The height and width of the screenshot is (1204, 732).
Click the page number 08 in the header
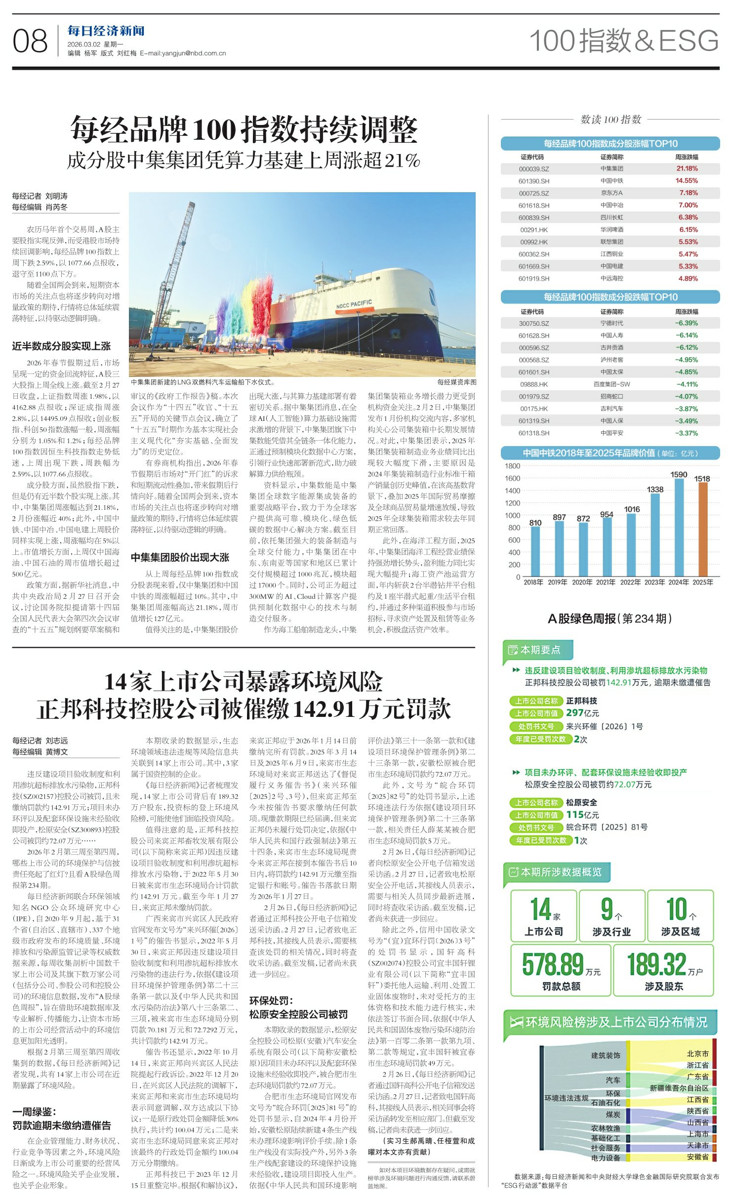coord(30,41)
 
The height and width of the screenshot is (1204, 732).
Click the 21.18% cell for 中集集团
coord(687,168)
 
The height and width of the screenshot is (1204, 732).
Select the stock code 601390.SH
coord(533,181)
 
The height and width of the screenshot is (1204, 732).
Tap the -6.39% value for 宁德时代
coord(686,323)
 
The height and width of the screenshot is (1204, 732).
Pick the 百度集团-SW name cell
coord(611,384)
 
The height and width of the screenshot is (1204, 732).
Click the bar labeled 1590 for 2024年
coord(679,527)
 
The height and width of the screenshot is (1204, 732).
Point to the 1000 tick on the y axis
coord(512,515)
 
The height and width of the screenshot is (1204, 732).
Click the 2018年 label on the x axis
coord(533,582)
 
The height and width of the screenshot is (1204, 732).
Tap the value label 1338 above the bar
coord(655,489)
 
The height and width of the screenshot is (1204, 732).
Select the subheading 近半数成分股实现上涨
coord(61,346)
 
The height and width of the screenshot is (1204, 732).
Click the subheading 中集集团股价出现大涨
coord(180,558)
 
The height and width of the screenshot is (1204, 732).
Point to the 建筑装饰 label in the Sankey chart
coord(606,1055)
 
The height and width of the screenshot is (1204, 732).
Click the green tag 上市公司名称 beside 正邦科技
coord(536,701)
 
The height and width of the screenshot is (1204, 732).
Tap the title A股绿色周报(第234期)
coord(610,619)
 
